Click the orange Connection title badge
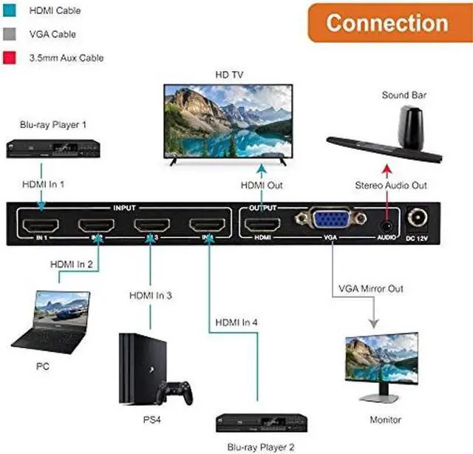387,23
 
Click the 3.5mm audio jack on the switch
385,220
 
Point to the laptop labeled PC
54,319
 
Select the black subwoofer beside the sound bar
412,127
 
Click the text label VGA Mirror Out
371,288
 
